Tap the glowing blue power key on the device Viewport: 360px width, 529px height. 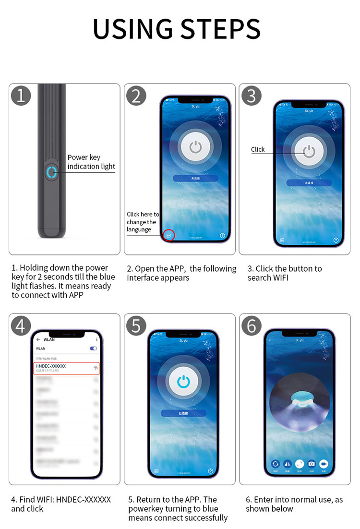[x=51, y=172]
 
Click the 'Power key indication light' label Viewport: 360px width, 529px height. [x=91, y=162]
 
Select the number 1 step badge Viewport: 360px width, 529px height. [x=21, y=96]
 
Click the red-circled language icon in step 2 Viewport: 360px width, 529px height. [x=168, y=235]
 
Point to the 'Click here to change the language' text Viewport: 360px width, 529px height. [x=143, y=222]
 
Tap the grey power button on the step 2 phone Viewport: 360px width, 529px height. [x=195, y=147]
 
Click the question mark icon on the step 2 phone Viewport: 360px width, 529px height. [x=222, y=236]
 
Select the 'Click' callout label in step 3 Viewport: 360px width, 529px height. [x=258, y=149]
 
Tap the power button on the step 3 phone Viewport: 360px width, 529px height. [x=309, y=152]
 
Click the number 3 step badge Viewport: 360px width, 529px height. [x=251, y=96]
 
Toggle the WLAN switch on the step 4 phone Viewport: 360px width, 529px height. [x=93, y=349]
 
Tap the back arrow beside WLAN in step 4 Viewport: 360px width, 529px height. [x=38, y=339]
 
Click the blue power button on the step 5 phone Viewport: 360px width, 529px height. [x=184, y=382]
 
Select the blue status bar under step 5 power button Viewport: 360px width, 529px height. [x=184, y=413]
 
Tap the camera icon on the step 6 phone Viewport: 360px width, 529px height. [x=312, y=464]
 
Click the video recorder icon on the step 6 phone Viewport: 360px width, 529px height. [x=324, y=464]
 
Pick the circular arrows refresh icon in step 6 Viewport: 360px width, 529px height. [x=276, y=464]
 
